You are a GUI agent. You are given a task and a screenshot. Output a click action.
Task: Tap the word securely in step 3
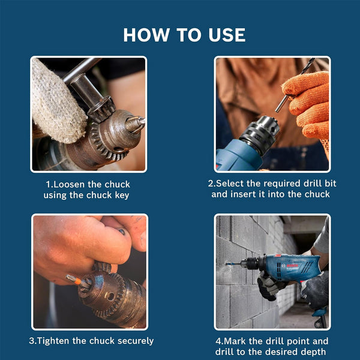click(x=131, y=341)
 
